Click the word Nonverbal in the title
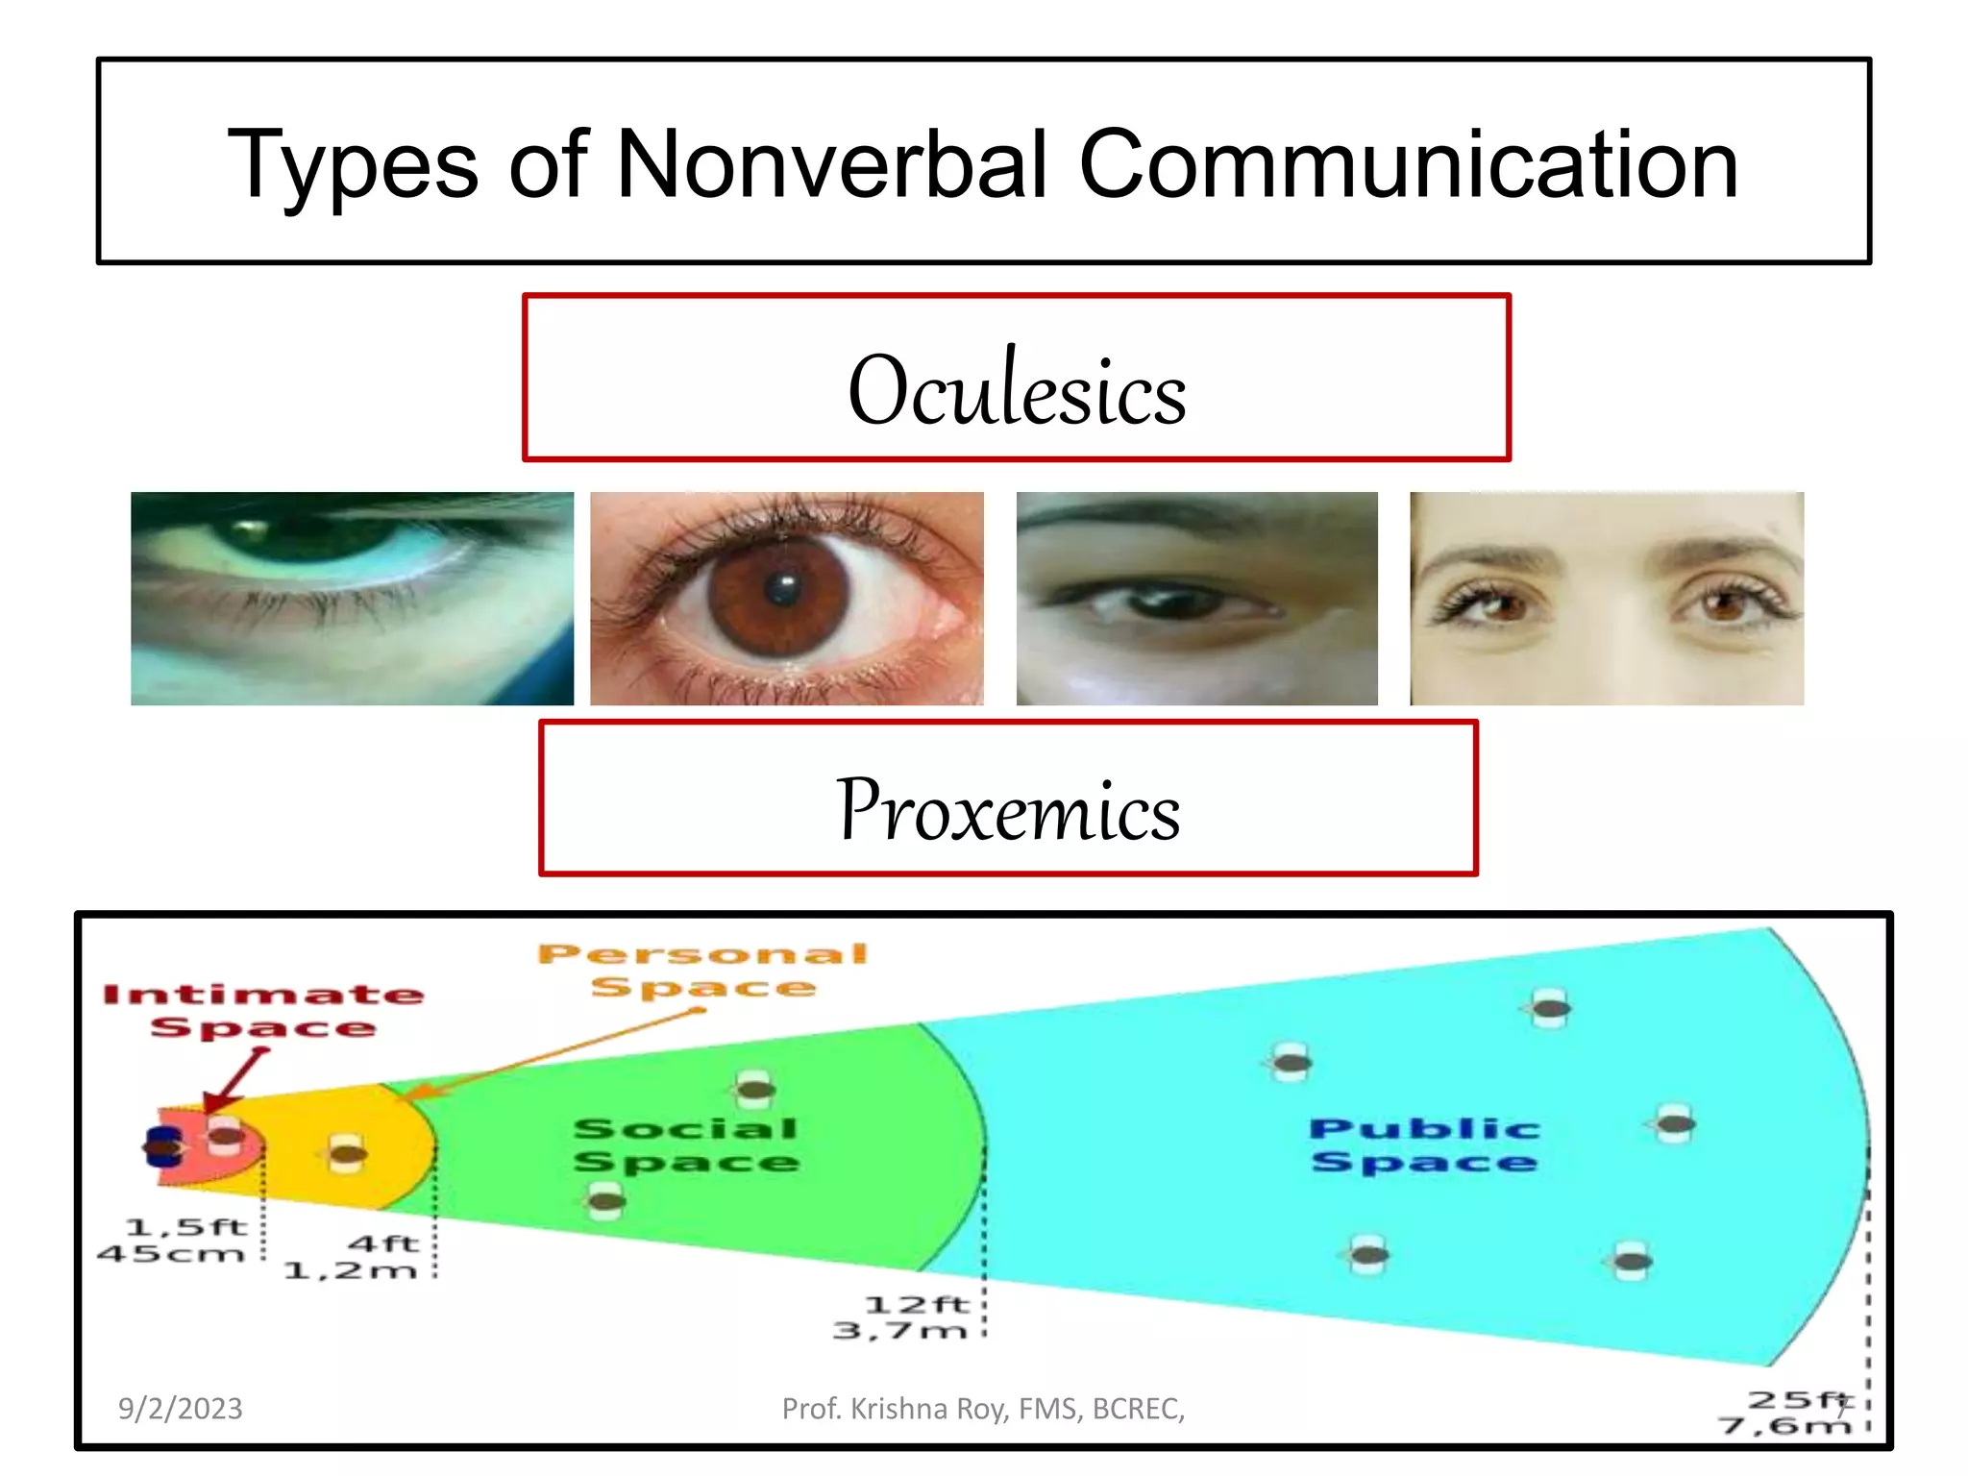831,165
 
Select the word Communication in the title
1408,165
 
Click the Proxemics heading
1008,809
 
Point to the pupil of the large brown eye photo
783,587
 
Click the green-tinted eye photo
352,598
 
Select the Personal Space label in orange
703,970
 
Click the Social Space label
686,1144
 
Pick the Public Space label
1424,1144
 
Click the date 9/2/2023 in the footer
180,1409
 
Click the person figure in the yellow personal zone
346,1153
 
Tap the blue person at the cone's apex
160,1147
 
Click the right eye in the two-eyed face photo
1725,603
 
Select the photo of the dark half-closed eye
1196,598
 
